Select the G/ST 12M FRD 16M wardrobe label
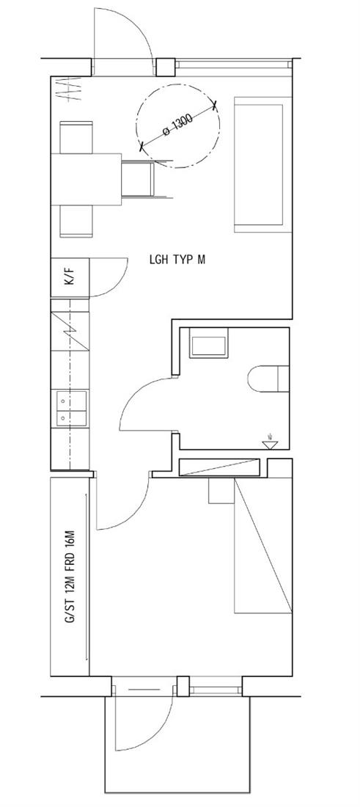70,577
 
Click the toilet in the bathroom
268,379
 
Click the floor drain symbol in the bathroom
270,442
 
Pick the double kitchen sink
71,409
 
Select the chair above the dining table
76,137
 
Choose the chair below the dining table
76,222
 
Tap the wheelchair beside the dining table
142,178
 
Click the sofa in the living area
260,164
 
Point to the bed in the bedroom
263,546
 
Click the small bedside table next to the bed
221,491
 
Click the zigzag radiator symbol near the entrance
69,89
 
